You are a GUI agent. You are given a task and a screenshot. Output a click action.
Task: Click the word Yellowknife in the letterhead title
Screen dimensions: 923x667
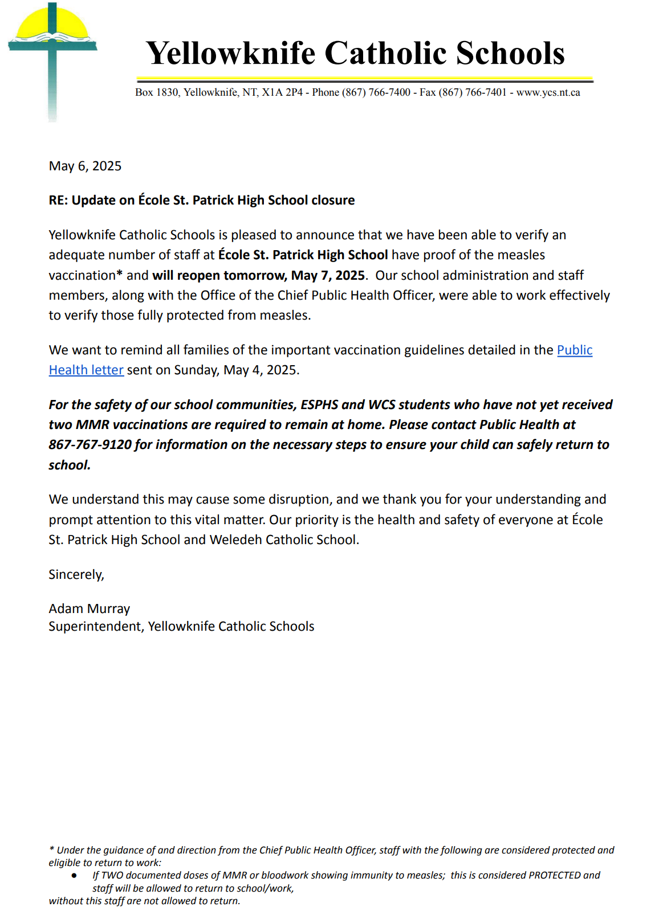[x=231, y=53]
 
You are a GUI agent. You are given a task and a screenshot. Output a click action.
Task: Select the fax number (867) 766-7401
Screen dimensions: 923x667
[x=472, y=92]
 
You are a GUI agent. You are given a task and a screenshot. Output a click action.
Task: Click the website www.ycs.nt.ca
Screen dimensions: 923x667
[x=548, y=92]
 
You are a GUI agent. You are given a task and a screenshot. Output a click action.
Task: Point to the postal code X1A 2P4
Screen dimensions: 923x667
[x=282, y=92]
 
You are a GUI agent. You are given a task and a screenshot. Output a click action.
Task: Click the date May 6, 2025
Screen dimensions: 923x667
[x=85, y=166]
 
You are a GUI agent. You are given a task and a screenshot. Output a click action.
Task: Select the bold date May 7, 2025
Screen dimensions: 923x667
[x=328, y=275]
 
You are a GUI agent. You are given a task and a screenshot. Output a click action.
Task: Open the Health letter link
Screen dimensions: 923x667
[x=86, y=370]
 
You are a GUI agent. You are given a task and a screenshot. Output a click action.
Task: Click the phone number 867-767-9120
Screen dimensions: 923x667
[x=90, y=445]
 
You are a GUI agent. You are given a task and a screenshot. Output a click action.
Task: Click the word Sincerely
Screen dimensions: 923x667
[x=76, y=574]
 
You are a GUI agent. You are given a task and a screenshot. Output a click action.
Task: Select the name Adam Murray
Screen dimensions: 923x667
[x=90, y=609]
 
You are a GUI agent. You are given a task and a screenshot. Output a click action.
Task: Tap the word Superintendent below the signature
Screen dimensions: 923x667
[x=96, y=627]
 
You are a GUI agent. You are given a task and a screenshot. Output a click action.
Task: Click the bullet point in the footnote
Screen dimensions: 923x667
[x=74, y=875]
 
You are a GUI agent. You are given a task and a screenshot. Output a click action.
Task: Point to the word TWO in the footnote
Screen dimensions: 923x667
[x=112, y=875]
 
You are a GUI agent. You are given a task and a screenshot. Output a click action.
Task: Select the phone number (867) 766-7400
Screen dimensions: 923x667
[x=376, y=92]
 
